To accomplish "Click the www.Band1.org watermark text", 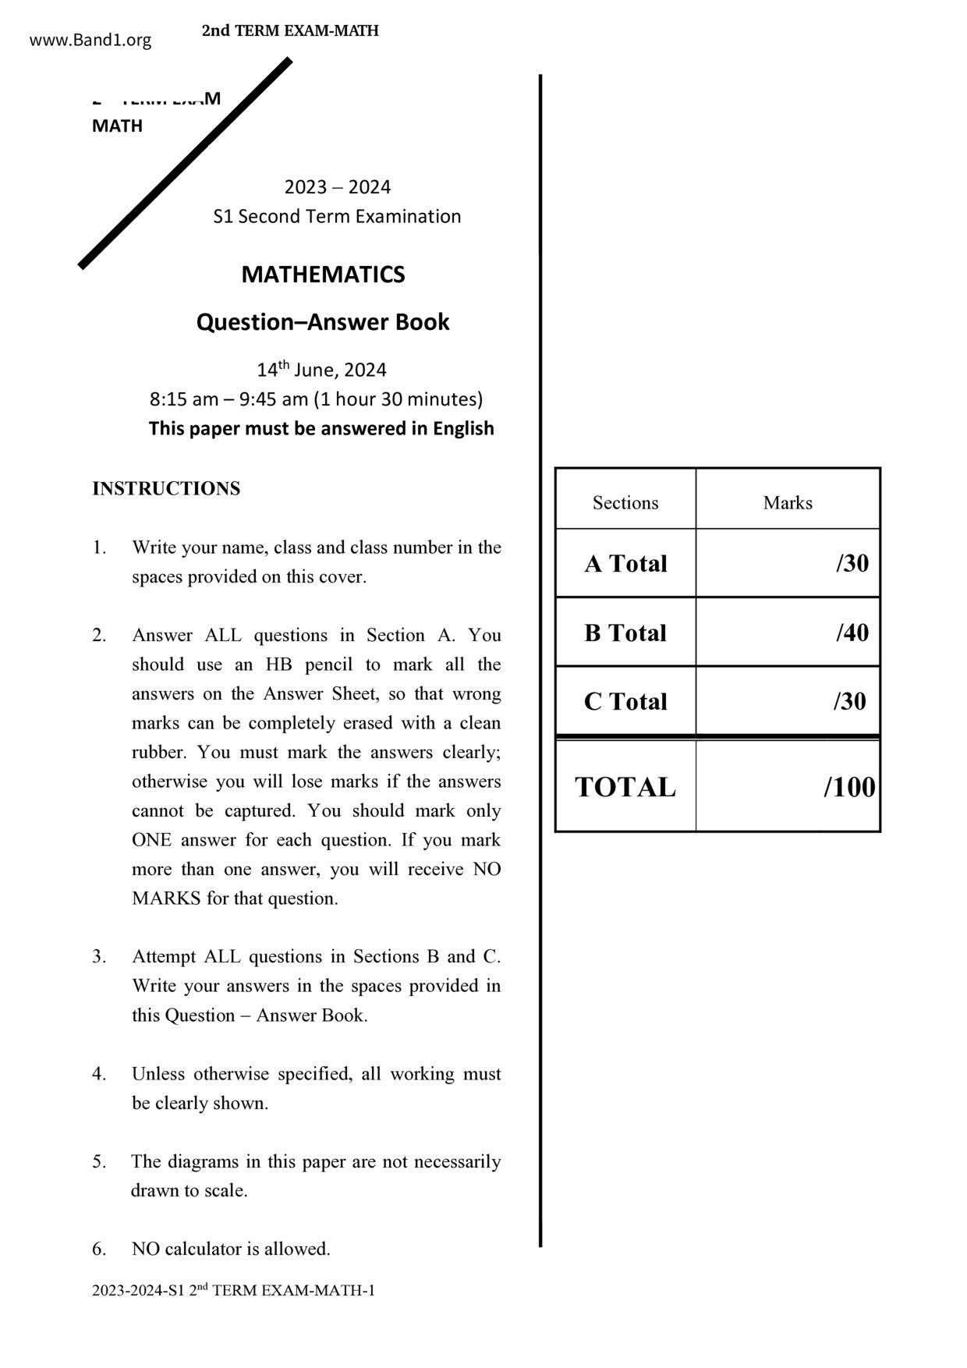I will click(x=90, y=41).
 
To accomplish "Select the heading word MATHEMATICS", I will click(x=323, y=275).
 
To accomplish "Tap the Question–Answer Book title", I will click(x=323, y=322).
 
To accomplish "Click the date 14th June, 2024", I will click(x=321, y=370).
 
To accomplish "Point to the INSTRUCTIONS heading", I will click(x=166, y=489).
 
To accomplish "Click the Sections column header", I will click(x=625, y=503).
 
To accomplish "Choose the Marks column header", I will click(x=788, y=503).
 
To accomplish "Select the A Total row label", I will click(x=625, y=564).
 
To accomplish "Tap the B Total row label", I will click(x=625, y=633).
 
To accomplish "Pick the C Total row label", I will click(x=625, y=701).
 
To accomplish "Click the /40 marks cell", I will click(x=852, y=633).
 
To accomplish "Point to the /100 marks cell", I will click(x=849, y=787).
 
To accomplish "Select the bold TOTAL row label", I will click(x=625, y=787).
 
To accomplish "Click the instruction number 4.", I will click(x=99, y=1074).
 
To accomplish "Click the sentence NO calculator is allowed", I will click(x=231, y=1249).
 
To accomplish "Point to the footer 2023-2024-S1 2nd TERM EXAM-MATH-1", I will click(x=233, y=1291).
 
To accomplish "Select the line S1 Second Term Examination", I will click(x=337, y=216).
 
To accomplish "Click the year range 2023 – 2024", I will click(x=337, y=187).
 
